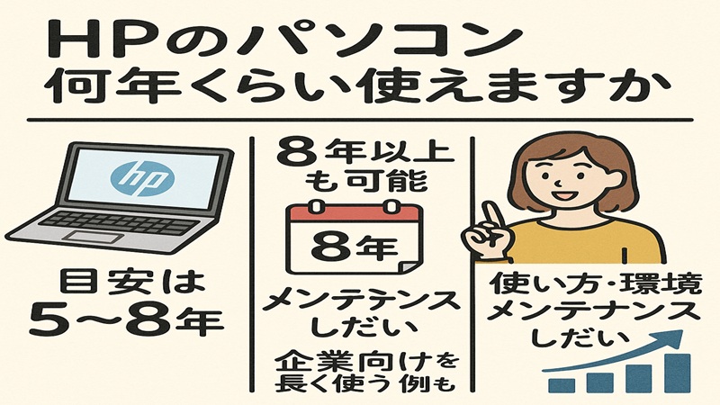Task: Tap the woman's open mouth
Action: click(x=565, y=193)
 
